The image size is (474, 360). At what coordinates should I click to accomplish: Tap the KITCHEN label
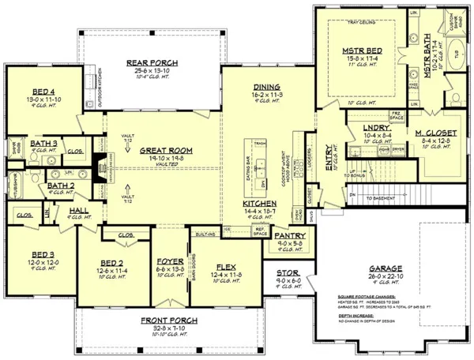tap(261, 204)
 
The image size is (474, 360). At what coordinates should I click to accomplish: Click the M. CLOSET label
tap(431, 133)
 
